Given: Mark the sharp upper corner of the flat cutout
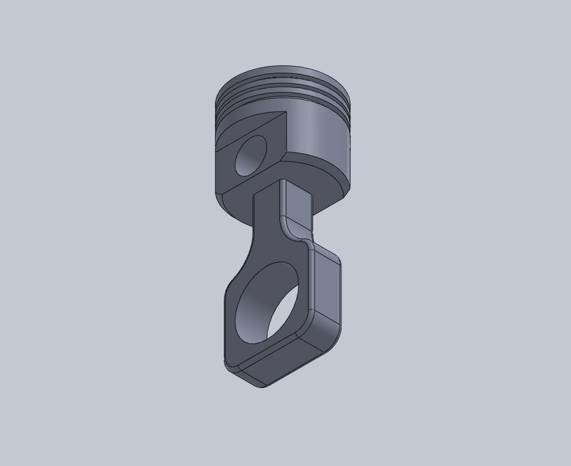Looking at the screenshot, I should point(287,114).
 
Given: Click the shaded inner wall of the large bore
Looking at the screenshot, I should point(252,302).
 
